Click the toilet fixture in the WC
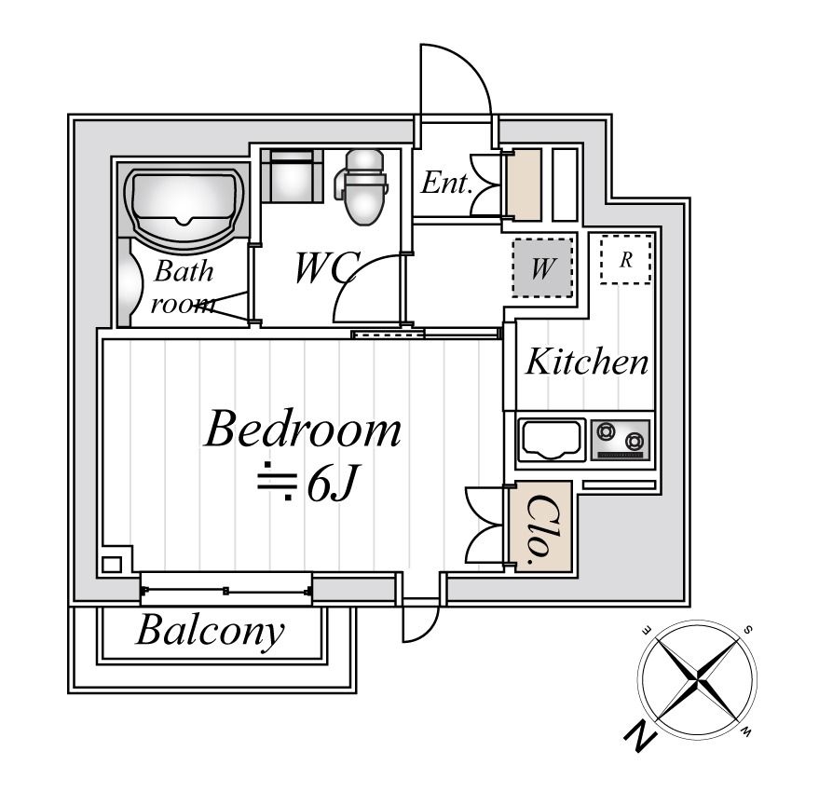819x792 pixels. [x=362, y=187]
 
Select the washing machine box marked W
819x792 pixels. [x=542, y=268]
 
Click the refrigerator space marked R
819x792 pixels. [x=626, y=259]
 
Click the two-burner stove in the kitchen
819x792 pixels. [x=621, y=440]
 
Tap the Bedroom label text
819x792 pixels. [x=303, y=430]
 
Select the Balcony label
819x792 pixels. [x=211, y=631]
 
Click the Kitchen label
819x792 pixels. [x=587, y=362]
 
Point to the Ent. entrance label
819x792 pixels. [x=446, y=183]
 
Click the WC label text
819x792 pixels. [x=328, y=267]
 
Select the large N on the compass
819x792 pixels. [x=640, y=737]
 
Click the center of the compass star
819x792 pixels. [x=697, y=679]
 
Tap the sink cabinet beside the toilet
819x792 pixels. [x=292, y=175]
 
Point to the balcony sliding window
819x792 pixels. [x=226, y=589]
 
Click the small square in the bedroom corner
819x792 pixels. [x=112, y=565]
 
